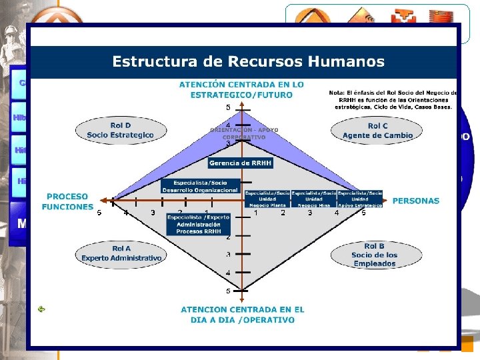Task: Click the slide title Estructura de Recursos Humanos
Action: [248, 62]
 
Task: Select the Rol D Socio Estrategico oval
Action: [120, 130]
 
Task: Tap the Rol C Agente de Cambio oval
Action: [377, 130]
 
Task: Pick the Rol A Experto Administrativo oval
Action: [121, 253]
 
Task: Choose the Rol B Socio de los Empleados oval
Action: [374, 255]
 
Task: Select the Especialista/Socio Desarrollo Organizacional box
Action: [200, 186]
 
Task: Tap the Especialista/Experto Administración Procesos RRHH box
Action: [199, 224]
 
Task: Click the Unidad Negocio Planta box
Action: [267, 199]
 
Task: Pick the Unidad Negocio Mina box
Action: [313, 199]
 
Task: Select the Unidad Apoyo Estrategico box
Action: [360, 199]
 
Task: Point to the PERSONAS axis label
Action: [416, 200]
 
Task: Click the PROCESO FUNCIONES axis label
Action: [67, 201]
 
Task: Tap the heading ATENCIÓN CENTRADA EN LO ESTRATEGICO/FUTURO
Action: [241, 89]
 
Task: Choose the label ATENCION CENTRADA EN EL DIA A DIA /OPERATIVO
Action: [242, 315]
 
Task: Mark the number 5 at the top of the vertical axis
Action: [227, 107]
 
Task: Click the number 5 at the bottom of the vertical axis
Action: [227, 291]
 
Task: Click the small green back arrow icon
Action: [41, 309]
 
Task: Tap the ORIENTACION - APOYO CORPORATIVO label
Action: [244, 133]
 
